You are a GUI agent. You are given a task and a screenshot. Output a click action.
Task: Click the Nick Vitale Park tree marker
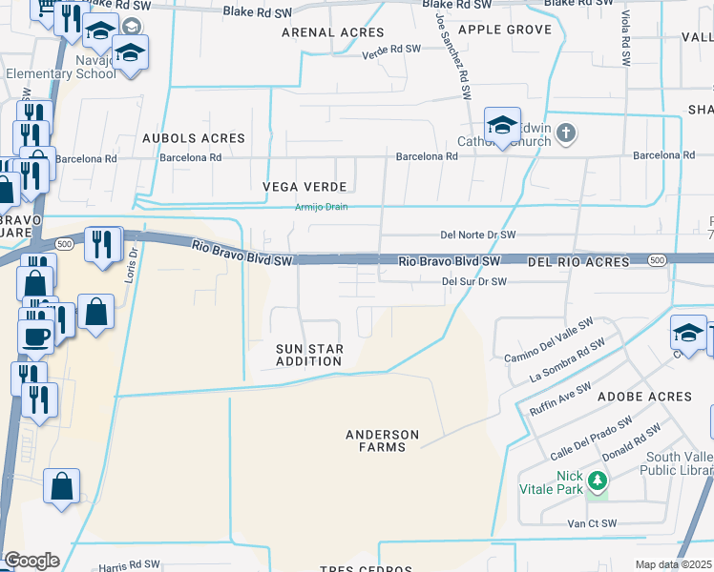pos(598,480)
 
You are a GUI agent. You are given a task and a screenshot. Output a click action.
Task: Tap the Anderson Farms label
pos(382,441)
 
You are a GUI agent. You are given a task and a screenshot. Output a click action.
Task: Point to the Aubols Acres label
pos(194,139)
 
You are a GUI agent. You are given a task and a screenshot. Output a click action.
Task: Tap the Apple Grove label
pos(505,30)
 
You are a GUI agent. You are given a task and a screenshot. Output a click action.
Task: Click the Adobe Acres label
pos(643,397)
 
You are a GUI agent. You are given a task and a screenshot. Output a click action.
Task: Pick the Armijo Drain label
pos(321,206)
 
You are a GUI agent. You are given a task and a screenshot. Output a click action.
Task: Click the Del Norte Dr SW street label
pos(477,235)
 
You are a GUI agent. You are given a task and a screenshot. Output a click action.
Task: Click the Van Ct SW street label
pos(592,523)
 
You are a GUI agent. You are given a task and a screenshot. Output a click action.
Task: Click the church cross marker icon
pos(566,133)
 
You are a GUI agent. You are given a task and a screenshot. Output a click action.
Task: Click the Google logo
pos(31,561)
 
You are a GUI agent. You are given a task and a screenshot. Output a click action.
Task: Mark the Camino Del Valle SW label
pos(550,341)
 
